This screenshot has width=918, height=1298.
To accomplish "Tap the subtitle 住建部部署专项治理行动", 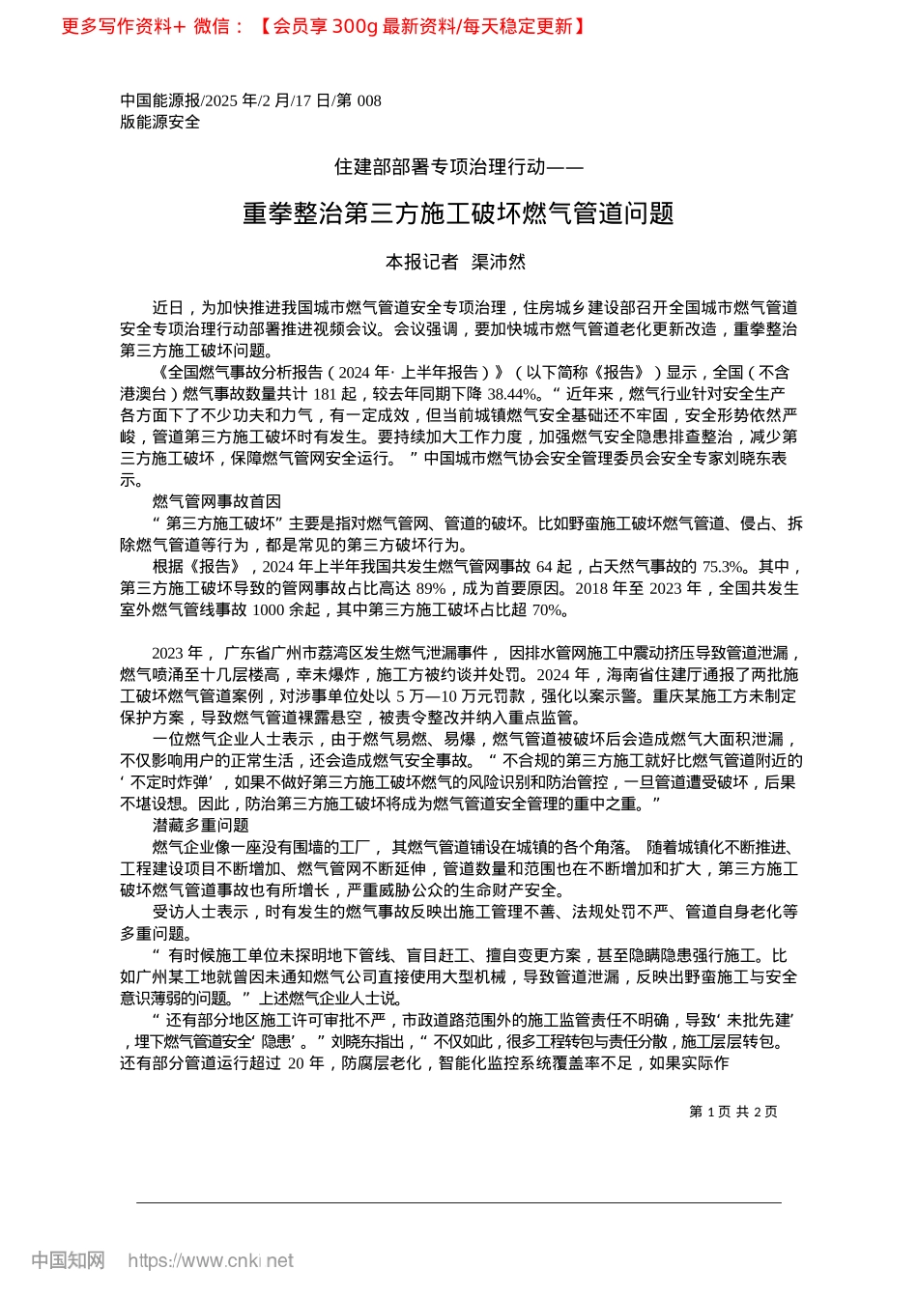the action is (x=458, y=167).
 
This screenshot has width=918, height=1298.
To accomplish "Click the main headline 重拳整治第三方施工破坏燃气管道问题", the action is (x=458, y=213).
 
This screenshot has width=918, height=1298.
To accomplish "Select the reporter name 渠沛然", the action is (x=499, y=262).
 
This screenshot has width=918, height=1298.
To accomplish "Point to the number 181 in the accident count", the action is (x=325, y=394).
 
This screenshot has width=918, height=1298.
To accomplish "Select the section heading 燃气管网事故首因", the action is (x=216, y=501).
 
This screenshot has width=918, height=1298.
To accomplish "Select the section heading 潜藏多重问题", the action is (x=200, y=825).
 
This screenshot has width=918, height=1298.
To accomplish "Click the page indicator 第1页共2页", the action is (x=733, y=1112).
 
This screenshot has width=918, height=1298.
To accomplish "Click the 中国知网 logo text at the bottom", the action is (x=68, y=1260).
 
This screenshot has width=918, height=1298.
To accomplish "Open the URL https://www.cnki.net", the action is (x=211, y=1260).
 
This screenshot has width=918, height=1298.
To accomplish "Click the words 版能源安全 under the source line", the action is (x=160, y=122).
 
